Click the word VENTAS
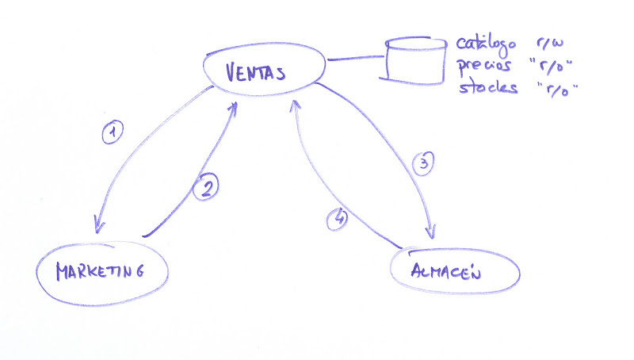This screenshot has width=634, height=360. coord(255,72)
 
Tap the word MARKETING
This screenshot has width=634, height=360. coord(100,271)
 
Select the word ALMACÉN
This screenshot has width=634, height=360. coord(445,270)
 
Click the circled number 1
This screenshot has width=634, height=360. coord(113,132)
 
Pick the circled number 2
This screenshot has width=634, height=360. coord(206,186)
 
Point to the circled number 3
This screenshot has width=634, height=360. coord(423,163)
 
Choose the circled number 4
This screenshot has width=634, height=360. coord(337,219)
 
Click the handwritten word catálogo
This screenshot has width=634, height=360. coord(487,44)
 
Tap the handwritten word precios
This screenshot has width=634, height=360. coord(485,67)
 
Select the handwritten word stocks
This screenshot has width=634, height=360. coord(488,87)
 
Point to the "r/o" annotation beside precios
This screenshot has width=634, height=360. coord(551,67)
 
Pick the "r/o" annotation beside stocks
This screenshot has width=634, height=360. coord(557,89)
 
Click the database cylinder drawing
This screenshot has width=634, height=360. coord(415,61)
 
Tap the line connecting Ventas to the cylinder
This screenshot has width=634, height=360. coord(356,59)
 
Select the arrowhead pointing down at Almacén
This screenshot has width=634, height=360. coord(431,232)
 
